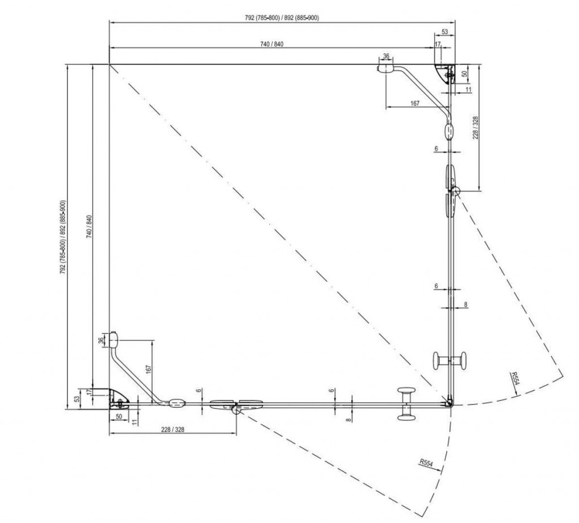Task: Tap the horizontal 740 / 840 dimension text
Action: coord(271,45)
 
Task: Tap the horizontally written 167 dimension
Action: coord(414,103)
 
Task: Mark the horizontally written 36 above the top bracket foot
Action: coord(386,56)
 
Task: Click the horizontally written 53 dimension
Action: coord(444,32)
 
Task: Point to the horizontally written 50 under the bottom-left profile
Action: coord(119,416)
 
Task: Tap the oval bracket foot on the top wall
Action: coord(387,68)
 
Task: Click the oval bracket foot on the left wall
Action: coord(113,339)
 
